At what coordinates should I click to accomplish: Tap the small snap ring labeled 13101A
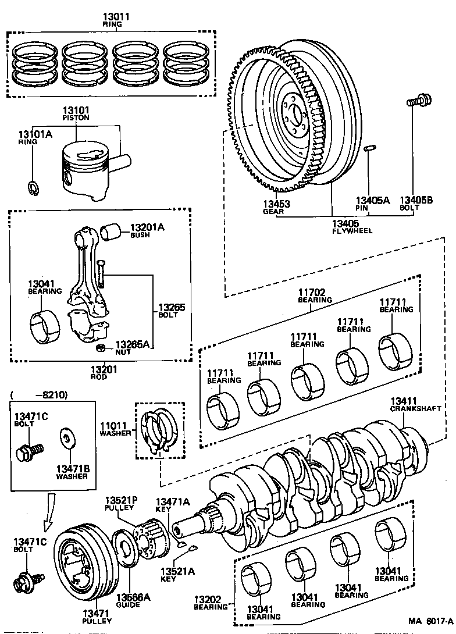point(33,187)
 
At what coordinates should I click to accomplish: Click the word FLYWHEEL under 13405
point(352,231)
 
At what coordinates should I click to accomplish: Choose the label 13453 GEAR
point(276,208)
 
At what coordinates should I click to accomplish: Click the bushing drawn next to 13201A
point(112,232)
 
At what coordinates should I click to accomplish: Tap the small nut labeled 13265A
point(99,348)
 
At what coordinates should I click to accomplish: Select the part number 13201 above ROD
point(105,368)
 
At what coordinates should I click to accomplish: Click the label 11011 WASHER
point(115,429)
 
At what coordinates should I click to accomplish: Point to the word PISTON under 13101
point(76,117)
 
